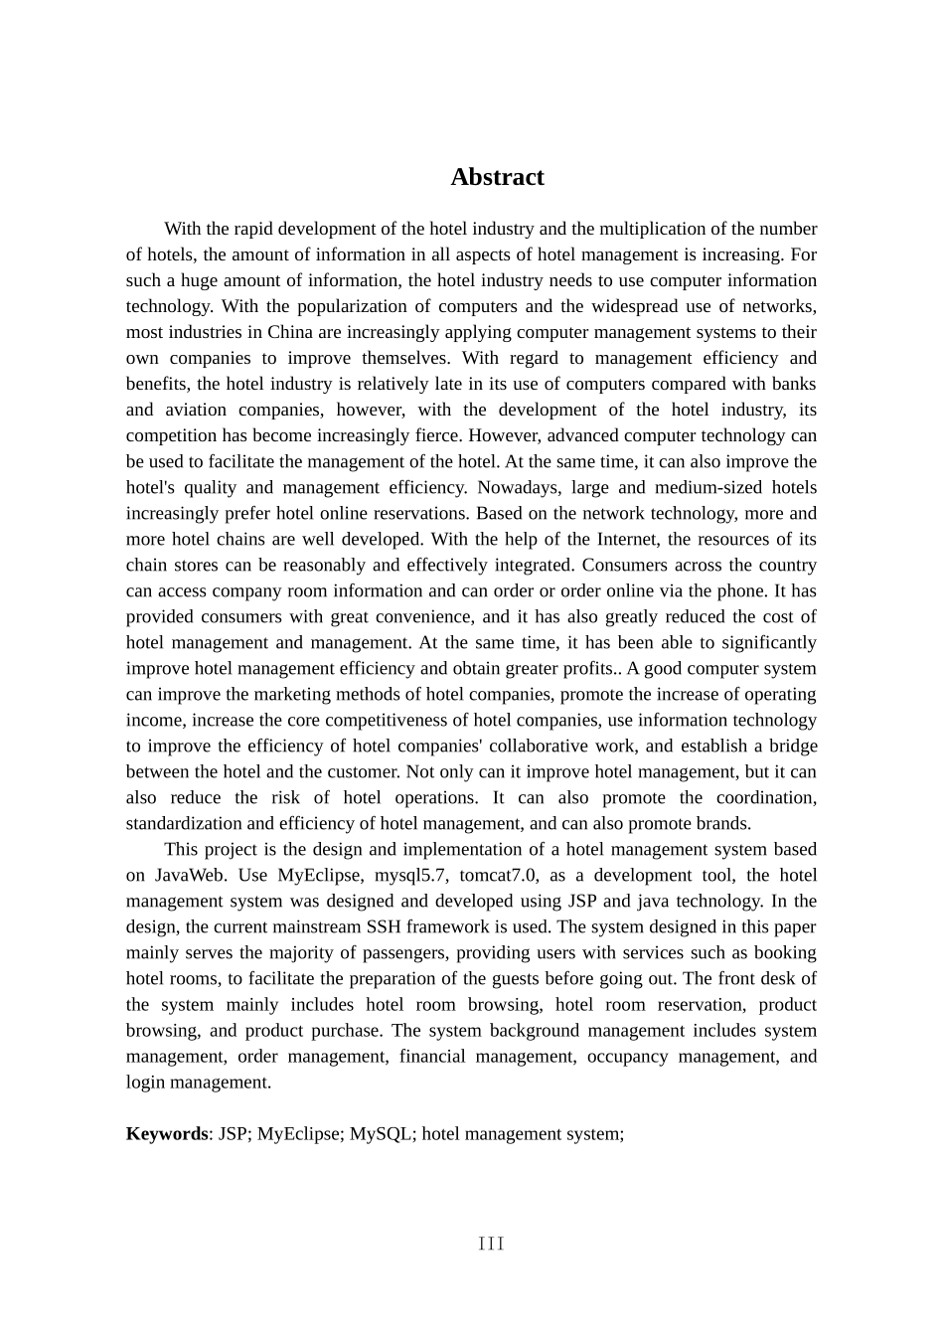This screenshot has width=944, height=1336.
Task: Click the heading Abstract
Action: click(x=497, y=177)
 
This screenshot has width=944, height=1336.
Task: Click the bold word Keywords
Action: click(x=167, y=1133)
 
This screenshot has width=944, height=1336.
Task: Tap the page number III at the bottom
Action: click(x=491, y=1244)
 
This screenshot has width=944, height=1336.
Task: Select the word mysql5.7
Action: click(x=412, y=875)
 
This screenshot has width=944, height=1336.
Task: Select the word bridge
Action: click(x=793, y=746)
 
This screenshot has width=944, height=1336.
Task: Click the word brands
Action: click(x=725, y=823)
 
